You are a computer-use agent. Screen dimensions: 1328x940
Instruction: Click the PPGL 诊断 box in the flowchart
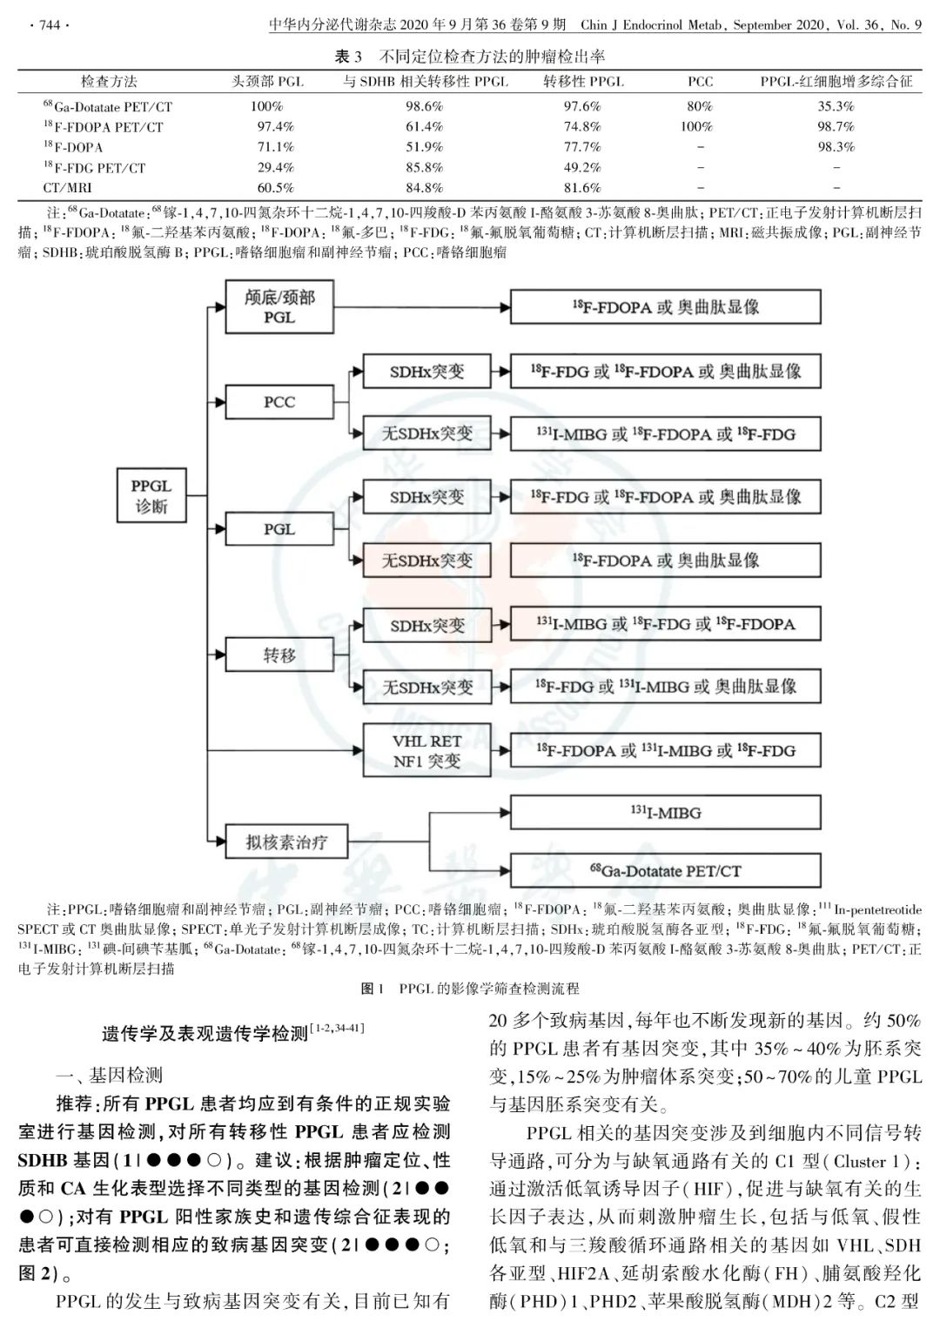point(152,496)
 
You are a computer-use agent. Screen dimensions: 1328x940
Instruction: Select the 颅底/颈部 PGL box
point(279,307)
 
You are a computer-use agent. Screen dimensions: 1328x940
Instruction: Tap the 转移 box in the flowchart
point(279,655)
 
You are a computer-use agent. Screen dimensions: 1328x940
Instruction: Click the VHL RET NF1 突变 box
point(426,751)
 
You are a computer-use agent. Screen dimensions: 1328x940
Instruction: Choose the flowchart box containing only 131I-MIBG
point(665,813)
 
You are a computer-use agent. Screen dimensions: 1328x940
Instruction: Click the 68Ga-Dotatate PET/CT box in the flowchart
point(665,870)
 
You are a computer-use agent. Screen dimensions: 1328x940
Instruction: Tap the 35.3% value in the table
point(836,106)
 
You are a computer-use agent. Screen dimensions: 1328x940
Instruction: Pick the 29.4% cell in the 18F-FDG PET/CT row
point(275,167)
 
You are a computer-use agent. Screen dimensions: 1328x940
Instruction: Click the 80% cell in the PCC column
point(699,106)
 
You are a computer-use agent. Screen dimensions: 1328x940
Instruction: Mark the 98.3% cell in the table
point(836,147)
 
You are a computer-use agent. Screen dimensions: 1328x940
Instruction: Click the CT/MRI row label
point(68,188)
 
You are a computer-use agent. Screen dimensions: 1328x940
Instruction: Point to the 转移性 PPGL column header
point(583,82)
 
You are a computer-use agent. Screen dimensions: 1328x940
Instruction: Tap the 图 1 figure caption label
point(373,989)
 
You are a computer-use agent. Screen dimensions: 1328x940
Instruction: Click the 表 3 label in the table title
point(348,57)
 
